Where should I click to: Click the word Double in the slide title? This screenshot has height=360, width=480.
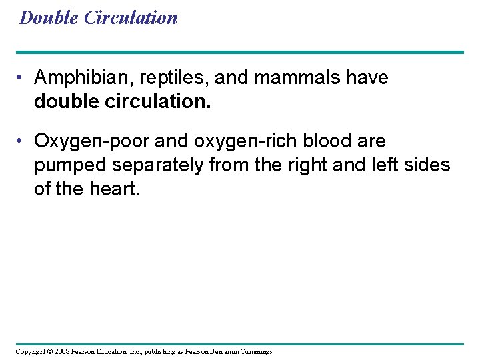(x=50, y=18)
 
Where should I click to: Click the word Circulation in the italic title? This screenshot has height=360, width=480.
(x=131, y=18)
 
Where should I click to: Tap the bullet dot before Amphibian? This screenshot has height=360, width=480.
(x=23, y=79)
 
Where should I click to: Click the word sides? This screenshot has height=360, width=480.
(x=430, y=164)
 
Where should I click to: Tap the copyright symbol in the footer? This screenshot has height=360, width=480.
(x=49, y=351)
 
